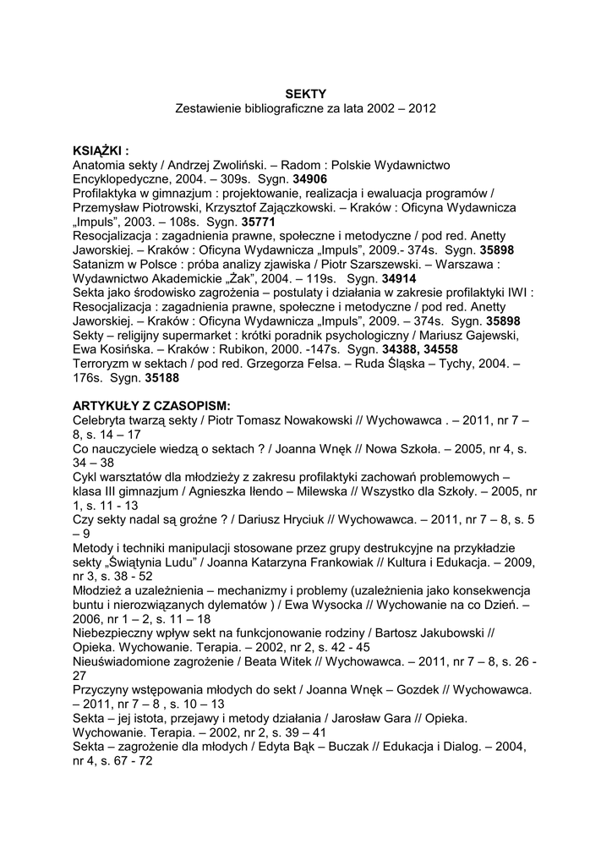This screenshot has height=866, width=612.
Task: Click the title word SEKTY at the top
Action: point(305,94)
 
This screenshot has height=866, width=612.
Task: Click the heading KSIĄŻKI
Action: point(101,151)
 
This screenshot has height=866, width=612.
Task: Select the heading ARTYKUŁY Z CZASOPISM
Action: point(152,404)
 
